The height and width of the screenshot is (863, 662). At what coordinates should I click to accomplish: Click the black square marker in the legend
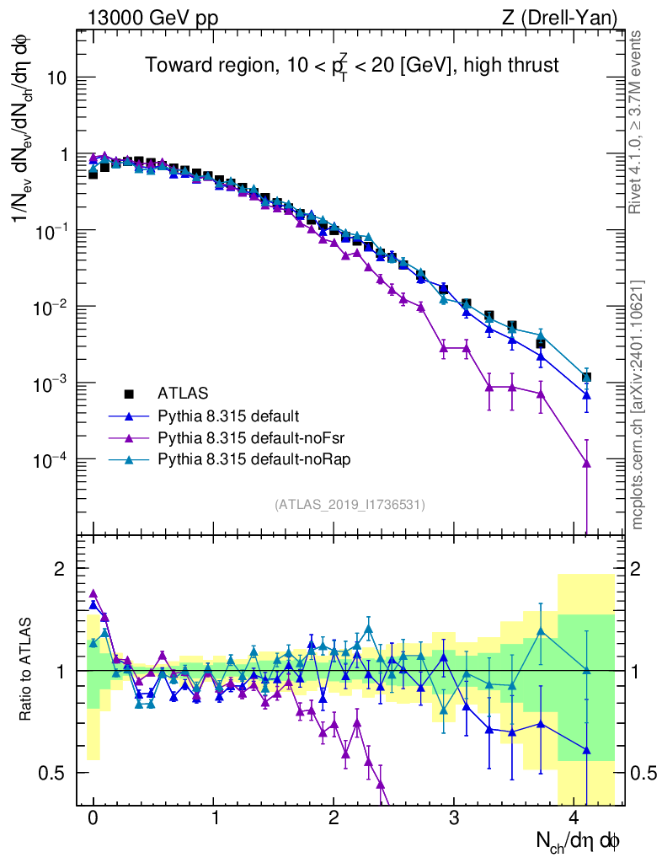[x=129, y=394]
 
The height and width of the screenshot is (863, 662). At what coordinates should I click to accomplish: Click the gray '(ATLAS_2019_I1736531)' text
[x=350, y=504]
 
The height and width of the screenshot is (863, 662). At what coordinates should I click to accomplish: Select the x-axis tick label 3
[x=454, y=818]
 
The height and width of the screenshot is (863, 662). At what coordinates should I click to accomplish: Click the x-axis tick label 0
[x=93, y=818]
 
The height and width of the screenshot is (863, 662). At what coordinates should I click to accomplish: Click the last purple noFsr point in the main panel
[x=586, y=464]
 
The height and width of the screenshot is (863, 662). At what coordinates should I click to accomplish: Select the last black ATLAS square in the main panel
[x=586, y=377]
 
